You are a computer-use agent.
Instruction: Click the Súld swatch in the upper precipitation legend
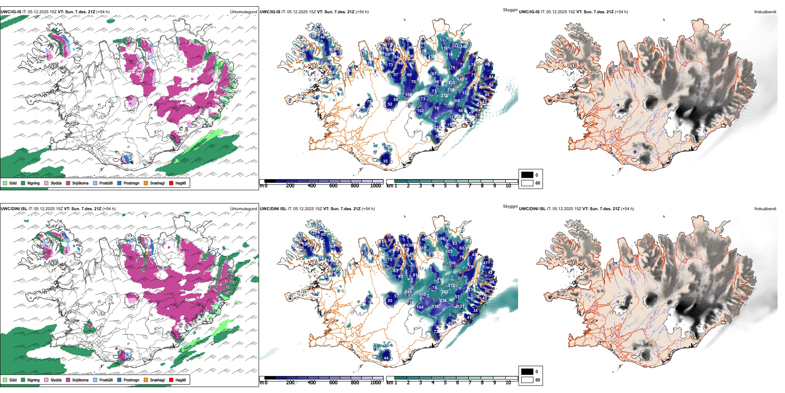click(5, 183)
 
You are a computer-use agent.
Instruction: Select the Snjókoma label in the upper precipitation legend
click(80, 183)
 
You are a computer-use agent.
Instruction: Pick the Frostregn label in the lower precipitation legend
click(131, 380)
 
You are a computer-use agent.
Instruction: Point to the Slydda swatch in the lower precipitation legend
click(46, 380)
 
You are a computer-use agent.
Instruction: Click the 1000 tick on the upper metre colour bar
click(376, 186)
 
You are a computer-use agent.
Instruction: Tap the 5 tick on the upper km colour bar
click(445, 186)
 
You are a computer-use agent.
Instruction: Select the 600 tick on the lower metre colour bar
click(333, 383)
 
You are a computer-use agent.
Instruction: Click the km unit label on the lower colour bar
click(390, 383)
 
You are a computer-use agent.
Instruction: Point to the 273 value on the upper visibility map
click(444, 96)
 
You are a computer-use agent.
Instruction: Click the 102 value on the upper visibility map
click(420, 111)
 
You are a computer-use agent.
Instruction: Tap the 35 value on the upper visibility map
click(385, 161)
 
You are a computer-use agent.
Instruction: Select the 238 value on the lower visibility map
click(443, 301)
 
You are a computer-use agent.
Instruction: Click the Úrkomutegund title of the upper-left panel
click(243, 12)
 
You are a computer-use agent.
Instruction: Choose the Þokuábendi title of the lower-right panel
click(765, 209)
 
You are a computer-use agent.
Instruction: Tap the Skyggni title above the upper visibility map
click(510, 10)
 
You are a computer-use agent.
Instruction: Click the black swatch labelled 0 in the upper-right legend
click(527, 175)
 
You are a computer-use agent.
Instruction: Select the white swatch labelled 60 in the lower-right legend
click(527, 380)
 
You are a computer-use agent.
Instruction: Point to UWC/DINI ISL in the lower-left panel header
click(14, 209)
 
